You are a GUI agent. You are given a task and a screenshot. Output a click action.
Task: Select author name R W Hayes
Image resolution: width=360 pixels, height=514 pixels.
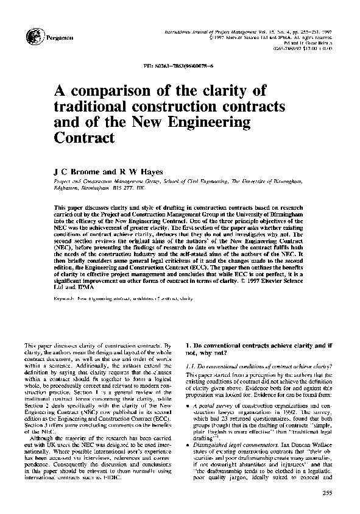point(138,173)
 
